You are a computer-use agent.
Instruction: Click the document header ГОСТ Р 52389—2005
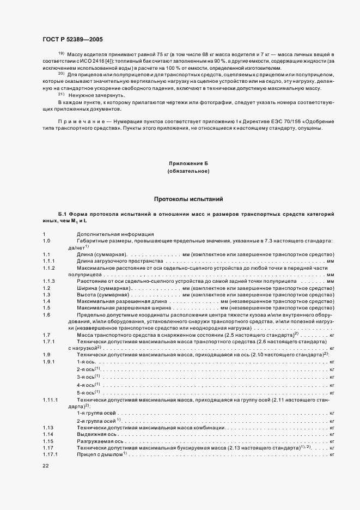pos(72,40)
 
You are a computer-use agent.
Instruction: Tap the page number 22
pos(46,465)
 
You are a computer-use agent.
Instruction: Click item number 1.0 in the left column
pos(46,240)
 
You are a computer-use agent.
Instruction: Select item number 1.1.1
pos(48,261)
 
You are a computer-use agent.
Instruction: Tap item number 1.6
pos(46,315)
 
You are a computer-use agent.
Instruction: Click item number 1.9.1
pos(48,362)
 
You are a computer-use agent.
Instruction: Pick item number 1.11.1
pos(50,399)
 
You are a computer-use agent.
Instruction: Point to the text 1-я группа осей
pos(96,414)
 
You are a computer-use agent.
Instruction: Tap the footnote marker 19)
pos(61,53)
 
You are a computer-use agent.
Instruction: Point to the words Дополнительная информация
pos(107,234)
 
